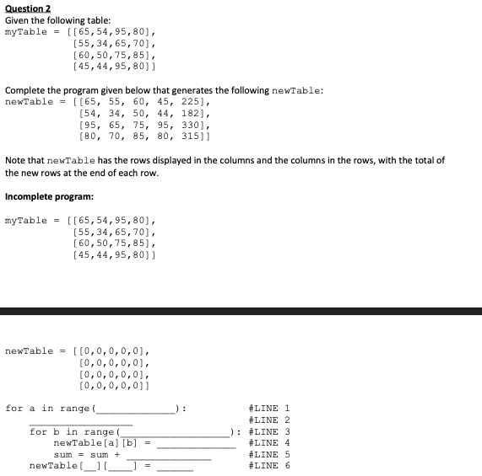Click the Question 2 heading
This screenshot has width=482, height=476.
pyautogui.click(x=29, y=8)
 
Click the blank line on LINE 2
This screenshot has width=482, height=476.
pyautogui.click(x=80, y=422)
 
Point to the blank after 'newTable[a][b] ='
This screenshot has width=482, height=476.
pyautogui.click(x=196, y=445)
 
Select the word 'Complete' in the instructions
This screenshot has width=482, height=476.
pyautogui.click(x=27, y=90)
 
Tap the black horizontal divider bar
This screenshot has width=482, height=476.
pyautogui.click(x=241, y=311)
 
